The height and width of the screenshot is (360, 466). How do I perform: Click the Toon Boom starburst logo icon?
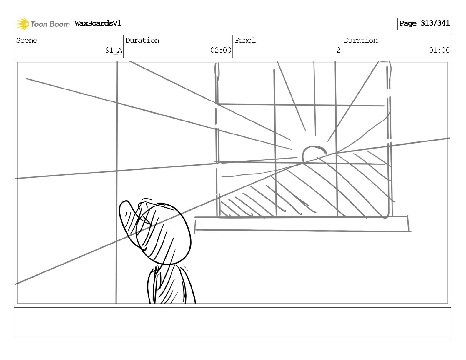point(22,24)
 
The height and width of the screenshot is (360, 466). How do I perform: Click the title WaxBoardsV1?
point(98,23)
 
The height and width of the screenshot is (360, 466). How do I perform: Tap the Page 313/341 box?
point(424,24)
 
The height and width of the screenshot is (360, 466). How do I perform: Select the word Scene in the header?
point(27,41)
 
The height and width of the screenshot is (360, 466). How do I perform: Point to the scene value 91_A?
point(114,50)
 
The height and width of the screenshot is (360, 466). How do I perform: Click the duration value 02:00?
point(221,50)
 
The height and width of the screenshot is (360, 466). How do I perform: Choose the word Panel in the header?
point(245,41)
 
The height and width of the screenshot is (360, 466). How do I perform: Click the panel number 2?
point(338,50)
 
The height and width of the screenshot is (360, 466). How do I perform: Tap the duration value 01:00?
point(439,50)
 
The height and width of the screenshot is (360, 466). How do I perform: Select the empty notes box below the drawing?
point(232,323)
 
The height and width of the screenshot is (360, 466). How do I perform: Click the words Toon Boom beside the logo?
point(50,24)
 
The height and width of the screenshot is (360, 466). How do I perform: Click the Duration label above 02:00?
point(142,41)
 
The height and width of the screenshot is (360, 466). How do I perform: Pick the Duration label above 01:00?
point(361,41)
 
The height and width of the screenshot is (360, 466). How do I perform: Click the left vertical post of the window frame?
point(217,141)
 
